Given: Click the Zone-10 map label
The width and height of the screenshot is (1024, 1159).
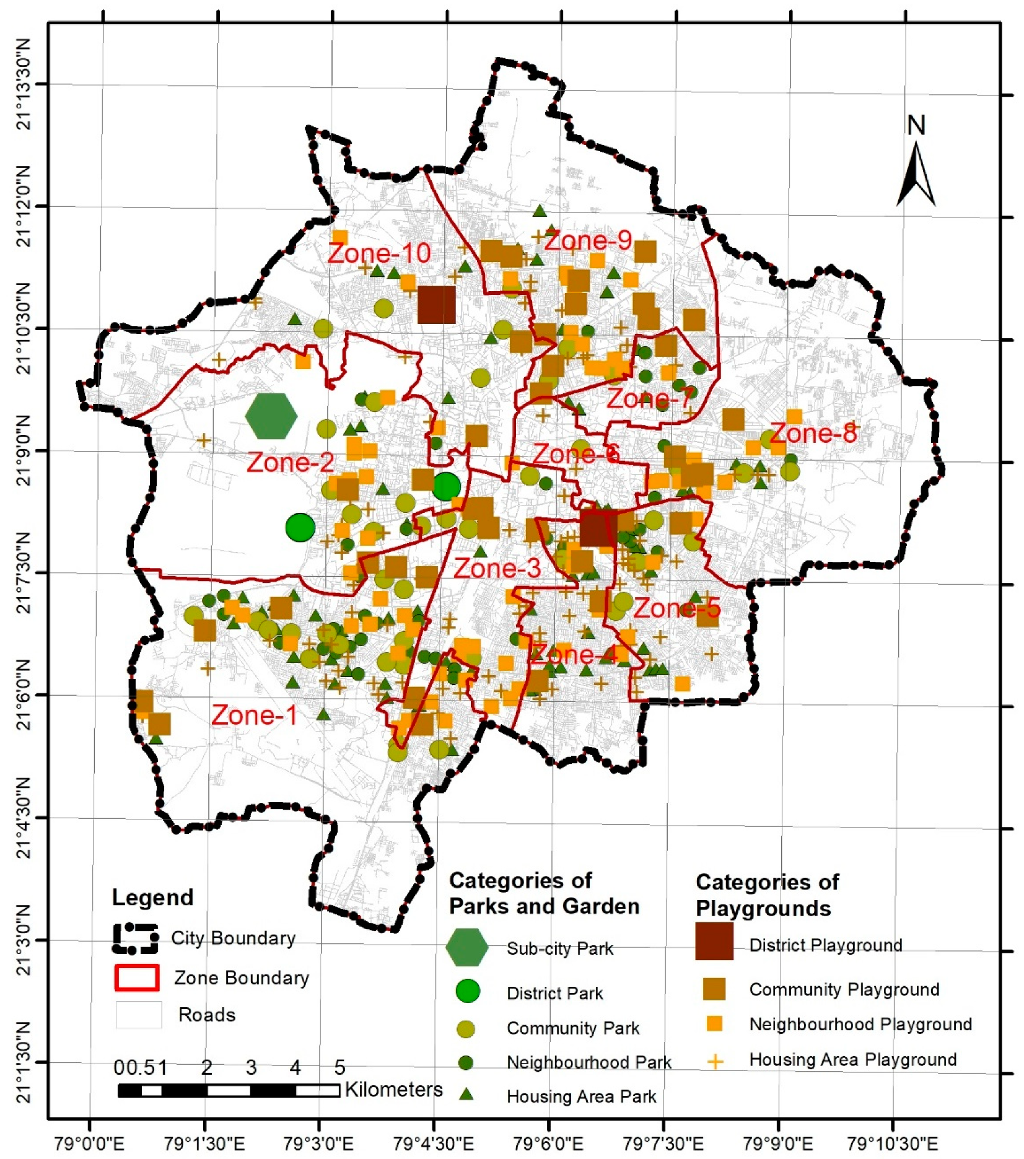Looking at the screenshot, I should [379, 253].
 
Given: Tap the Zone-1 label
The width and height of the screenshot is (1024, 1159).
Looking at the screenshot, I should [254, 715].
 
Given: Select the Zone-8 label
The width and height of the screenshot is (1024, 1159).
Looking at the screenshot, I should [813, 434].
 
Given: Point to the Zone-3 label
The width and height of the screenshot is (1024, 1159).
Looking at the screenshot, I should [497, 569].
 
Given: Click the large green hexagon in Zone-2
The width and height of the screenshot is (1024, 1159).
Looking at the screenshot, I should [271, 416].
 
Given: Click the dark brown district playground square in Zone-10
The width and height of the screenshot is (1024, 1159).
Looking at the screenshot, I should [436, 305].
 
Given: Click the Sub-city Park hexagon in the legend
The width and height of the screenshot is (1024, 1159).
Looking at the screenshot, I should [466, 947].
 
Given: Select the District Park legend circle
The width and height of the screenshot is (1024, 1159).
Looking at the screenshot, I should [467, 991].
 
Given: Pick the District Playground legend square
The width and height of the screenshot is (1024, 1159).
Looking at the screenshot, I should [714, 941].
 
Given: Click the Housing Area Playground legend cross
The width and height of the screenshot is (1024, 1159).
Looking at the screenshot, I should [715, 1062].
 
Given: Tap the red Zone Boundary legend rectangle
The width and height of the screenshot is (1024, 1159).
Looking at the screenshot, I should [136, 977].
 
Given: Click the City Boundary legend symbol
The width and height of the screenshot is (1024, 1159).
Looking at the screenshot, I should [135, 938].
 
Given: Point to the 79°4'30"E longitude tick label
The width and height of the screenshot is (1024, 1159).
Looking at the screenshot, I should [434, 1143].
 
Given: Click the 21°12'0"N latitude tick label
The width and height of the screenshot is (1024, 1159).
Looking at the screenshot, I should [24, 206].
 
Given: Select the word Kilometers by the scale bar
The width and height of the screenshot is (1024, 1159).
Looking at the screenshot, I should [393, 1090].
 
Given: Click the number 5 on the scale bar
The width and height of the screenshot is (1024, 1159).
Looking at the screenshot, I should [339, 1067].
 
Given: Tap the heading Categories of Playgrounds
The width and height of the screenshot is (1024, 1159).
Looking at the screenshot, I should [767, 895].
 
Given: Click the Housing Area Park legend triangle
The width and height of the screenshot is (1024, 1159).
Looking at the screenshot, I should [466, 1095].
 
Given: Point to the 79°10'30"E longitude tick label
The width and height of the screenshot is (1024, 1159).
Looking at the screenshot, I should [892, 1143].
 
